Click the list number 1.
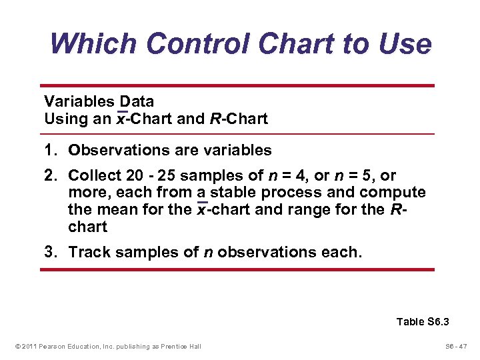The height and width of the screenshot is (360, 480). coord(49,151)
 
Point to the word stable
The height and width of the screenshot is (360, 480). coord(233,193)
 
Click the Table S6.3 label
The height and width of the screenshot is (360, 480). coord(423,322)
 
